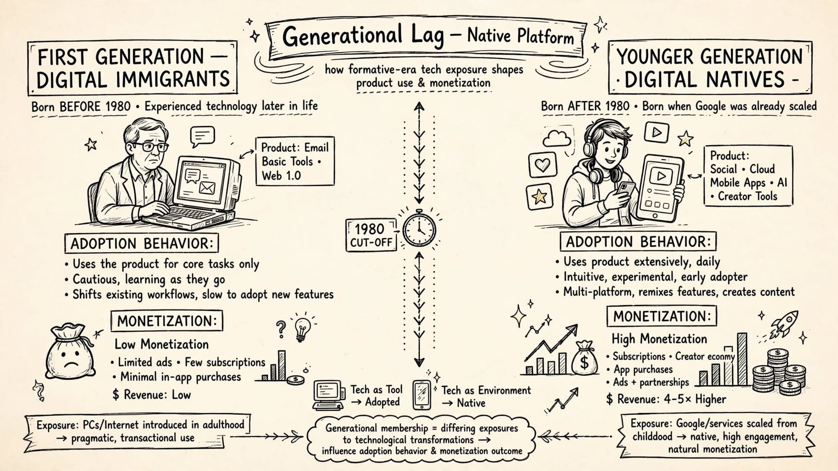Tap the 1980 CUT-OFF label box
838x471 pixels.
pos(371,235)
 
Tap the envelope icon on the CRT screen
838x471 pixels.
pos(207,188)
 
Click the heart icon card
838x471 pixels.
pos(543,165)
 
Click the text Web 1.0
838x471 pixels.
pos(282,175)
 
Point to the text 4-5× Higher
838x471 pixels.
pos(695,399)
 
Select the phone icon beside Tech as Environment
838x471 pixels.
pos(422,395)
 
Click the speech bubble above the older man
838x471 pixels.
pos(202,136)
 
